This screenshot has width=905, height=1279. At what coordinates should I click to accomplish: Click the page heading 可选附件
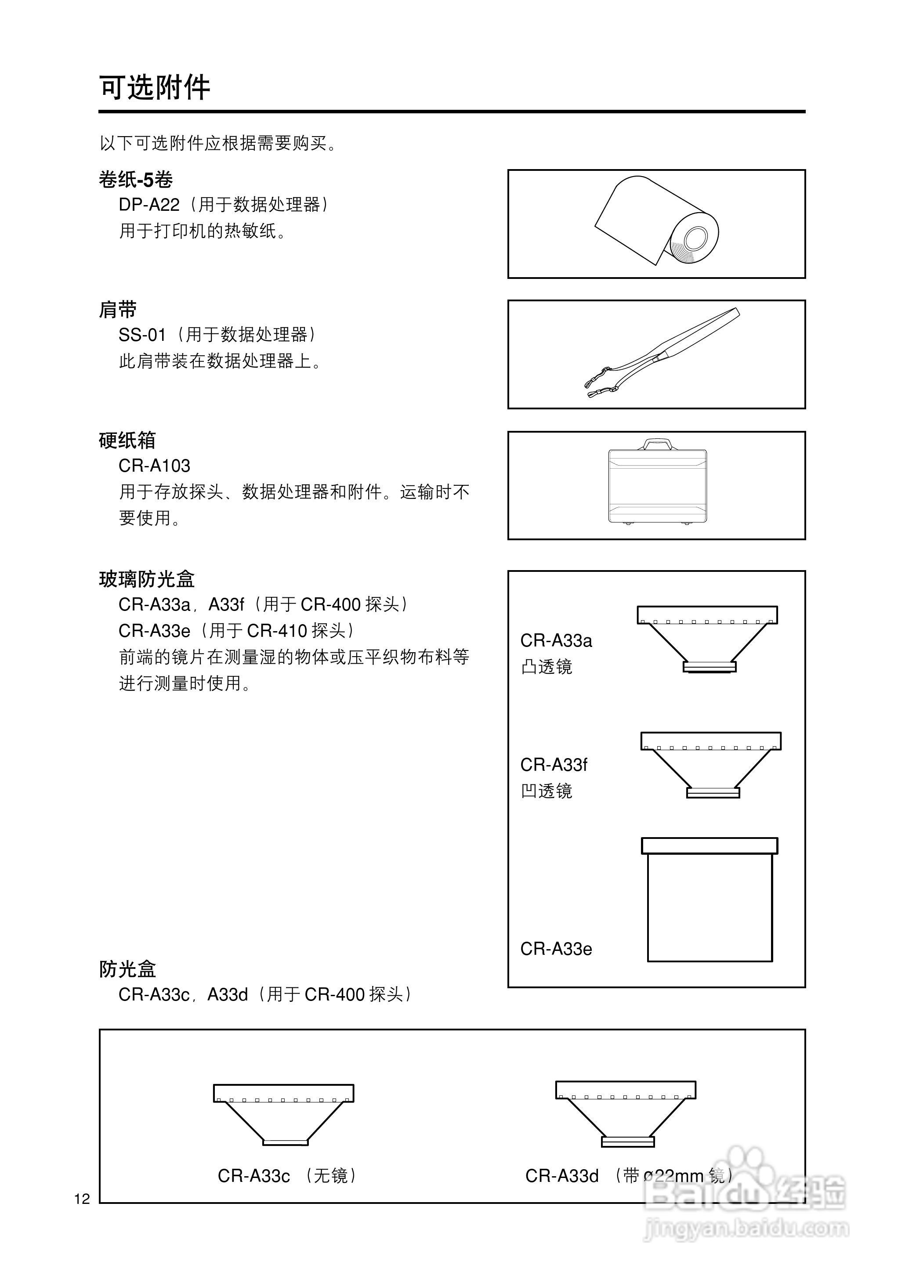click(154, 87)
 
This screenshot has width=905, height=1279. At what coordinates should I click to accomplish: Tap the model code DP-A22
click(149, 205)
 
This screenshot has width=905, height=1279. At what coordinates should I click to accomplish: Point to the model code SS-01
click(142, 335)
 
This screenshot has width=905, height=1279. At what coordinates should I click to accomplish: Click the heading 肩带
click(118, 309)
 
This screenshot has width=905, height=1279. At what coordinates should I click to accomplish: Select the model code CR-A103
click(154, 466)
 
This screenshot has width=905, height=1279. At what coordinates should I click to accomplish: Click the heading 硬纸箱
click(127, 440)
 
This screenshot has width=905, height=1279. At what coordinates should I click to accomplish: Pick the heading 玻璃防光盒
click(147, 579)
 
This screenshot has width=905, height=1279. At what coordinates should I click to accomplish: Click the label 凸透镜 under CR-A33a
click(546, 667)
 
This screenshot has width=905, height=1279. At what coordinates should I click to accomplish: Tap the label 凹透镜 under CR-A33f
click(546, 791)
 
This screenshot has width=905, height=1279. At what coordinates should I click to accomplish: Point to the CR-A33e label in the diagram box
click(556, 949)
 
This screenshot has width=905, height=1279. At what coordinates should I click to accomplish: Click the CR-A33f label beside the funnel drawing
click(554, 765)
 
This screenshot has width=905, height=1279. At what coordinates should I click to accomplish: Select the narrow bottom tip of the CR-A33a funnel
click(710, 666)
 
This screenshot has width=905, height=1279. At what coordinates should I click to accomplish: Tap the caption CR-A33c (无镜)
click(286, 1175)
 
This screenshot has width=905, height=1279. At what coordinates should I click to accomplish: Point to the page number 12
click(82, 1200)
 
